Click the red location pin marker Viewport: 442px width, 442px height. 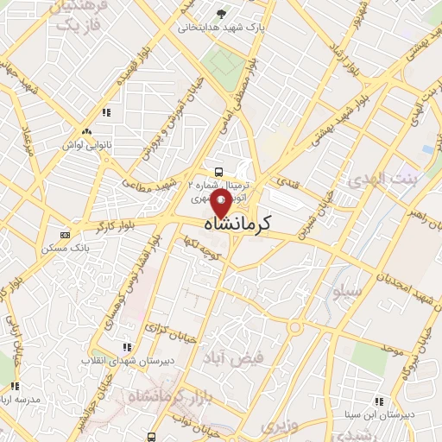point(221,204)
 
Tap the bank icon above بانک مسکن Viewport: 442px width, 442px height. point(65,235)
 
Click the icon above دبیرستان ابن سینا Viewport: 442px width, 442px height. point(378,401)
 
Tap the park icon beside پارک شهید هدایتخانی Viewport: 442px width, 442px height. point(222,14)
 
